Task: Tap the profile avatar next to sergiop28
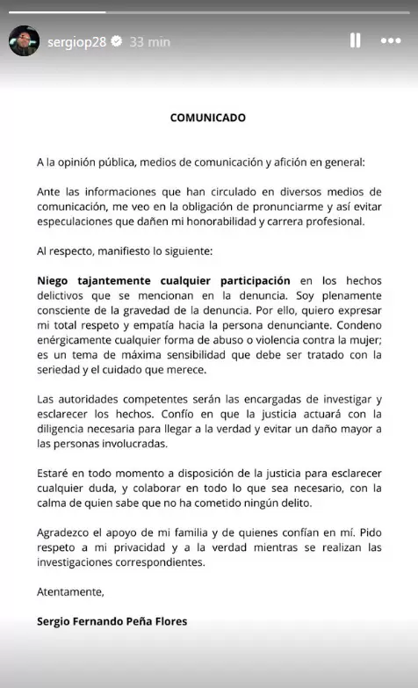point(24,40)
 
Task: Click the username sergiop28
point(76,41)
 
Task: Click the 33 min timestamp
point(150,41)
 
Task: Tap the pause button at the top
point(356,40)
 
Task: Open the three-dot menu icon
point(391,40)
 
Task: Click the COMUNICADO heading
point(207,117)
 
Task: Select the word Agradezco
point(69,533)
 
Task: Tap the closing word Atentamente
point(70,591)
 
